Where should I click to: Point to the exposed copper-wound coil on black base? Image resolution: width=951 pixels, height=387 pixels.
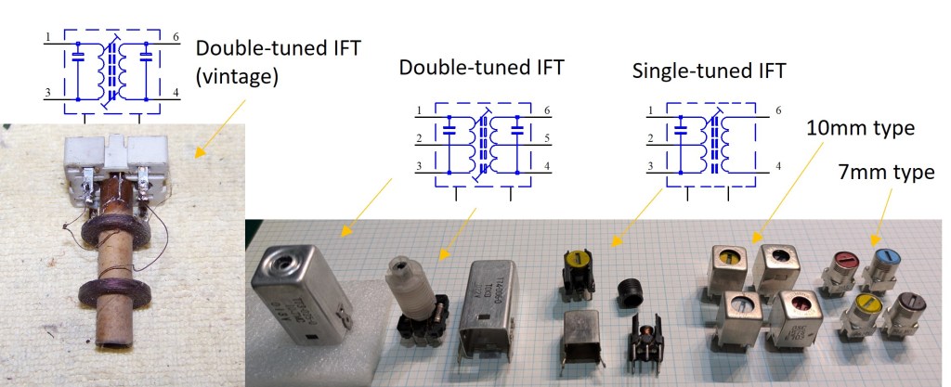[645, 348]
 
